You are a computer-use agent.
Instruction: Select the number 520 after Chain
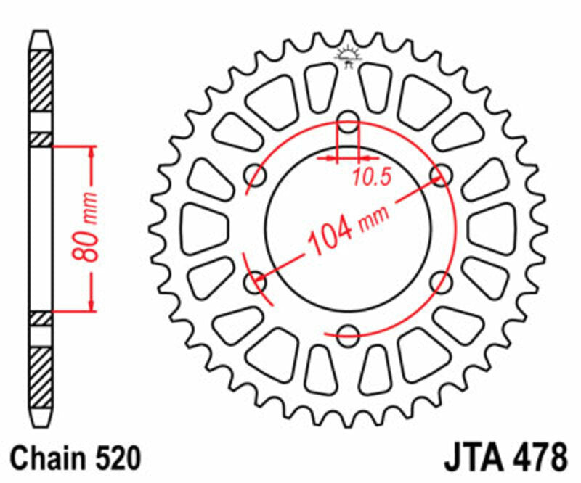click(116, 460)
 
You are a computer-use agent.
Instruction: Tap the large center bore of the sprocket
click(348, 228)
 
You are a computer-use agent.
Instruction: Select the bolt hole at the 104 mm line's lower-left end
click(256, 281)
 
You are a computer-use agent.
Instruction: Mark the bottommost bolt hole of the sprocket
click(348, 334)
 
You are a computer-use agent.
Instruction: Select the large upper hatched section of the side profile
click(41, 81)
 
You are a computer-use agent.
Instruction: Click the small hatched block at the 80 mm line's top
click(41, 139)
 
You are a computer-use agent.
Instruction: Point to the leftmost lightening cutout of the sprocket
click(199, 228)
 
